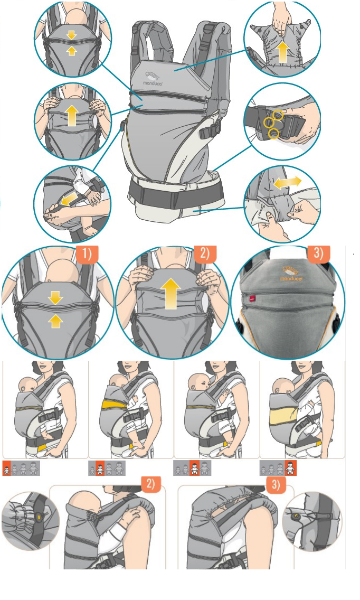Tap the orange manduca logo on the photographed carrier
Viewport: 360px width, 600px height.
291,274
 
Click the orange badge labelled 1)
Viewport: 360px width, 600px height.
87,255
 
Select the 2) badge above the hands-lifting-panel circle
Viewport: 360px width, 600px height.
205,255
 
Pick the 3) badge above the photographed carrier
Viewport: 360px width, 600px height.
319,254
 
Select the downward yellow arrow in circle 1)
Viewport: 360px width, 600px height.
56,298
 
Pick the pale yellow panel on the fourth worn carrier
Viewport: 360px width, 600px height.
283,416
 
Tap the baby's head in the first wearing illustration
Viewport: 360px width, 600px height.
27,384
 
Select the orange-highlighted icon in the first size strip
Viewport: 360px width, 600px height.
6,468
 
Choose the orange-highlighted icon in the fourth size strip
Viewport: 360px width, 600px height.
291,468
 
